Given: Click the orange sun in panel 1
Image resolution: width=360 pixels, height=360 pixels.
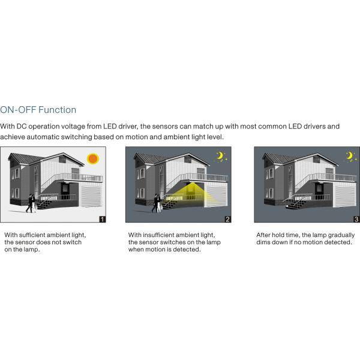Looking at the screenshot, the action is tap(93, 158).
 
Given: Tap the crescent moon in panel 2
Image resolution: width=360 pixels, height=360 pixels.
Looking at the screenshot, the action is tap(220, 155).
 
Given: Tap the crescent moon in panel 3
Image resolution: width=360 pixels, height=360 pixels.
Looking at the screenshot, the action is tap(349, 155).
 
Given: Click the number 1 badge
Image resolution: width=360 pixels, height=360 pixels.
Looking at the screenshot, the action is tap(103, 219).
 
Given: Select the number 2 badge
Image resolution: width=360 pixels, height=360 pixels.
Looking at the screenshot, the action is tap(228, 219).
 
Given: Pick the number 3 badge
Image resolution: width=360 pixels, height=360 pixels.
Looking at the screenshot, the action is tap(356, 219).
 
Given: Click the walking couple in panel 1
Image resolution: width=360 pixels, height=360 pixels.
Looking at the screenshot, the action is tap(31, 203).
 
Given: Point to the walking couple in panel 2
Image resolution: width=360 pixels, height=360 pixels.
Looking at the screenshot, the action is tap(157, 203).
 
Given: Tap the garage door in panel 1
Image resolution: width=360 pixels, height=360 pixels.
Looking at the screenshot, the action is tap(91, 196).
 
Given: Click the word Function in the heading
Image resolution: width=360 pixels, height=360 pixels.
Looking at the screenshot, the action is tap(57, 110).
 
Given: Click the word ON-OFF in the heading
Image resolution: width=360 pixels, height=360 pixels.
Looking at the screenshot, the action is tap(18, 110).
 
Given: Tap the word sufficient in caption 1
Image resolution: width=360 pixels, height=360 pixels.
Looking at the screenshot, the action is tap(32, 235).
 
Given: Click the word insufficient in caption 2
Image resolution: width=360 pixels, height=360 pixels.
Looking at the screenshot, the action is tap(158, 235).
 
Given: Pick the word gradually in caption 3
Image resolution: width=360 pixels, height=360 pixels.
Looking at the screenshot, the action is tap(341, 235).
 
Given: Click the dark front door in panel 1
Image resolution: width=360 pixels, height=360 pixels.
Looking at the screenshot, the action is tap(65, 189).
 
